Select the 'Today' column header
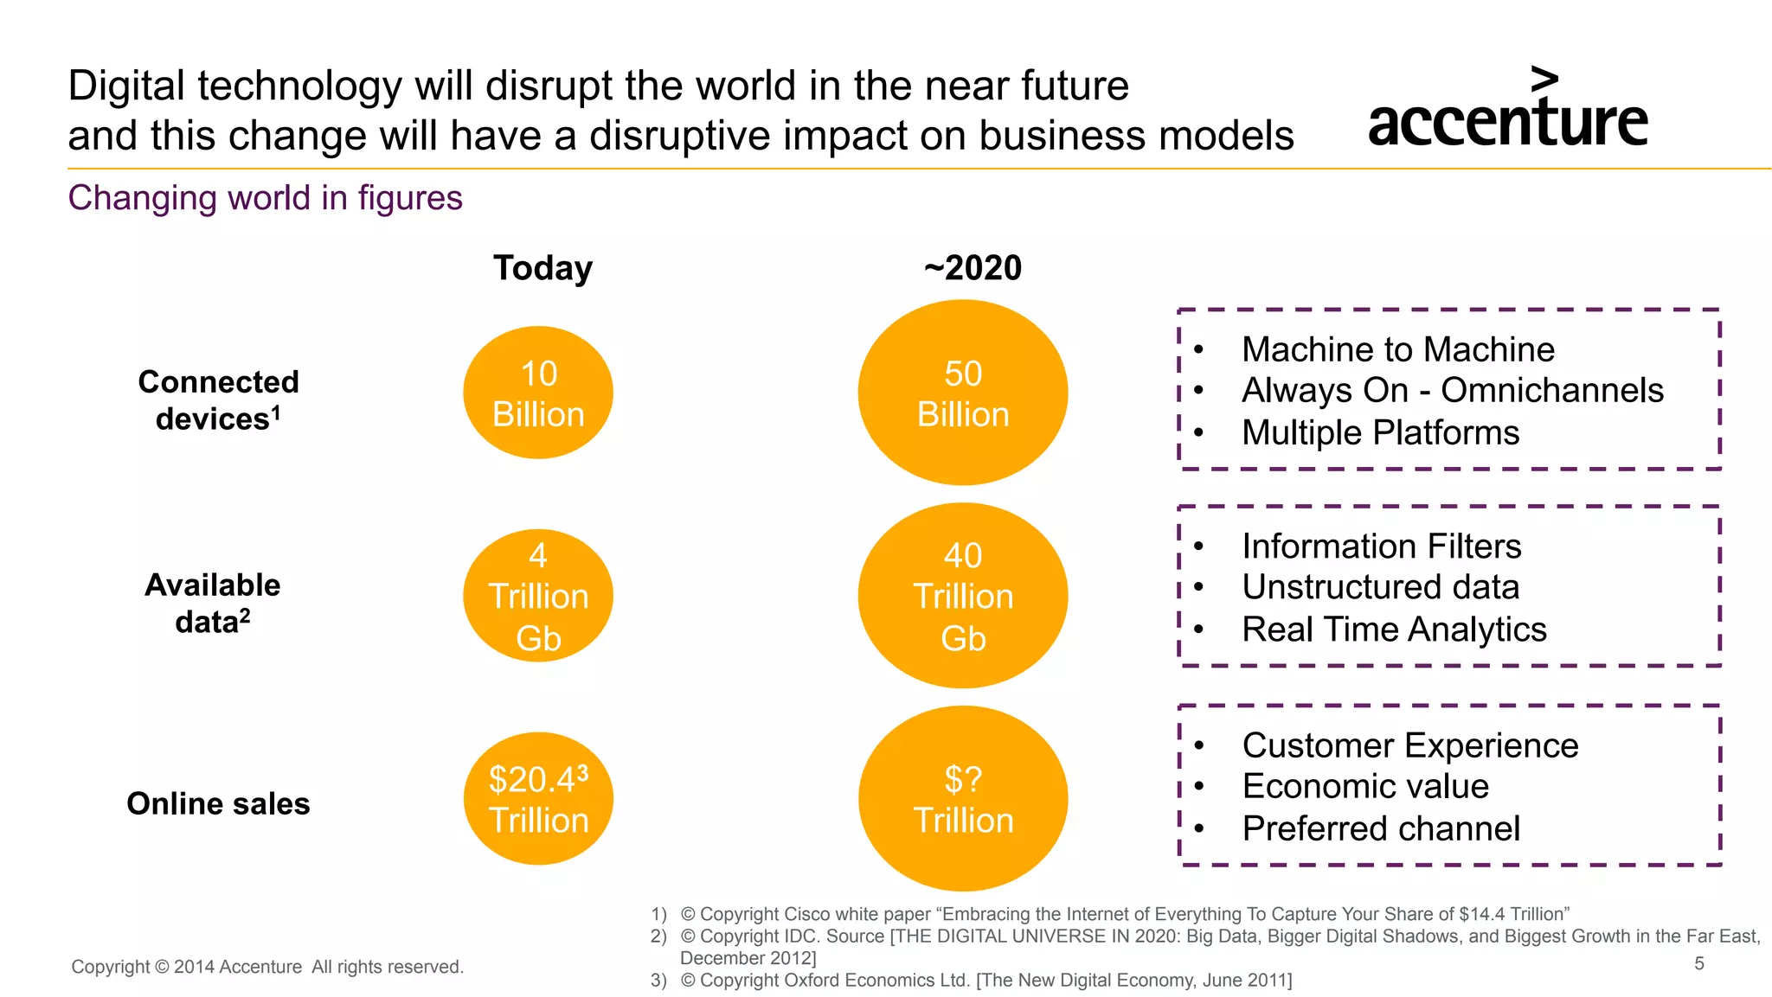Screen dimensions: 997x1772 point(543,268)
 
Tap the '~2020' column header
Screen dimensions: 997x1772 point(973,268)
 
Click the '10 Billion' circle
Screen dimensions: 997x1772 point(538,393)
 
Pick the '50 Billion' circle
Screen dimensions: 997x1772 point(963,393)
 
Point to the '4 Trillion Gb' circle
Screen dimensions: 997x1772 point(538,596)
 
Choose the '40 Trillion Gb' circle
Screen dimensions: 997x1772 point(963,596)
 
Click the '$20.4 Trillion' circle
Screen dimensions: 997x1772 point(538,799)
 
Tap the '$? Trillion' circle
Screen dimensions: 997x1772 point(963,799)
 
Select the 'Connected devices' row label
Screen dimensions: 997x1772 point(218,400)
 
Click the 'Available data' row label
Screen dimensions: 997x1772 point(213,603)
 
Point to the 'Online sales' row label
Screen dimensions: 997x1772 point(218,803)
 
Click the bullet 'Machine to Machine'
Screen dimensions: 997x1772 point(1397,349)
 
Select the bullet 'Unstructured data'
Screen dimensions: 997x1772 point(1380,587)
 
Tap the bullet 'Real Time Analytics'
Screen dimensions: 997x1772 point(1394,630)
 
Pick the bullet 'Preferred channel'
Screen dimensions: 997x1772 point(1381,828)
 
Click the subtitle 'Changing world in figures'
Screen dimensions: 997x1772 point(265,198)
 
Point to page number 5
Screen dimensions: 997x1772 point(1699,963)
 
